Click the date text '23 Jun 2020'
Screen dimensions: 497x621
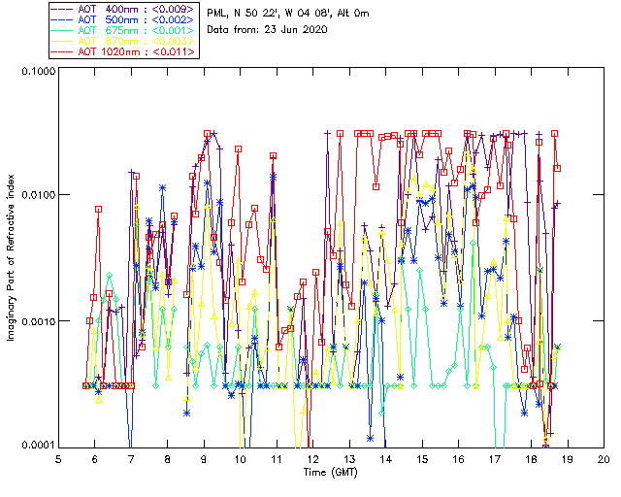point(296,30)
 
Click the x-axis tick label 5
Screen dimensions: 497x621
point(58,457)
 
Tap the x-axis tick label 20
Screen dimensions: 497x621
point(604,457)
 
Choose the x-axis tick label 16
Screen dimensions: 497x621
point(458,457)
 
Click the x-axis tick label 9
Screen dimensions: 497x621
point(204,457)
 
